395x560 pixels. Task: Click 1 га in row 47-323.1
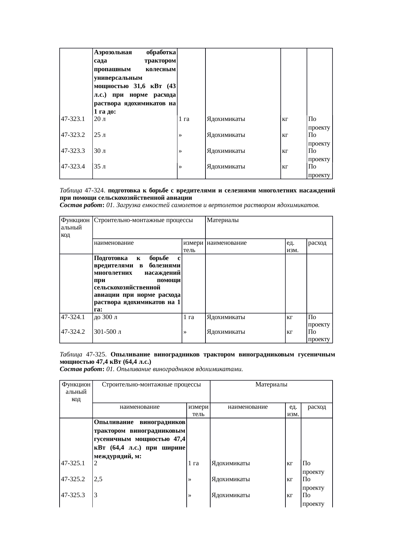click(184, 119)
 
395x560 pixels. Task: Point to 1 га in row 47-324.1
click(189, 317)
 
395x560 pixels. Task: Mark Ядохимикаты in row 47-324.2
click(226, 332)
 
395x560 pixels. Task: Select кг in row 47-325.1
click(290, 463)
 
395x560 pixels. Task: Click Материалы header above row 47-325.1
click(271, 385)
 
